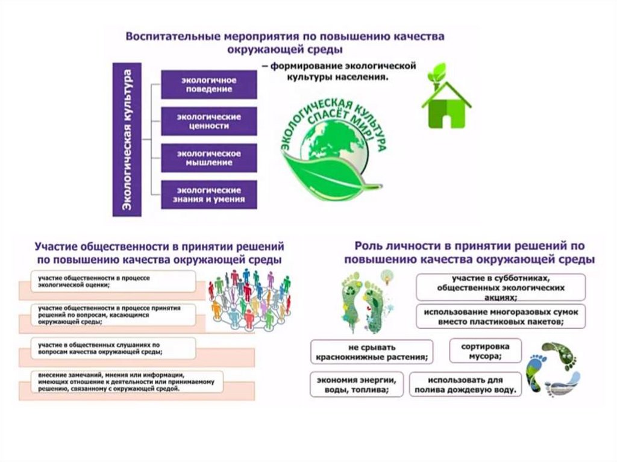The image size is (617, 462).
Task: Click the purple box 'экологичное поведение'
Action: click(x=208, y=84)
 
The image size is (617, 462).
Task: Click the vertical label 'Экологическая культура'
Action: click(x=127, y=139)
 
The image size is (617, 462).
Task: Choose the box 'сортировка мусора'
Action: click(x=485, y=351)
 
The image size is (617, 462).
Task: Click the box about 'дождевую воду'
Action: click(x=465, y=384)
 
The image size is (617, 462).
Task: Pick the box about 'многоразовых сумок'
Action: click(x=500, y=316)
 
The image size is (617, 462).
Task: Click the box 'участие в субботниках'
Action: click(x=500, y=287)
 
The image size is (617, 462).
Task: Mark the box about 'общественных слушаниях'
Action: click(x=114, y=348)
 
